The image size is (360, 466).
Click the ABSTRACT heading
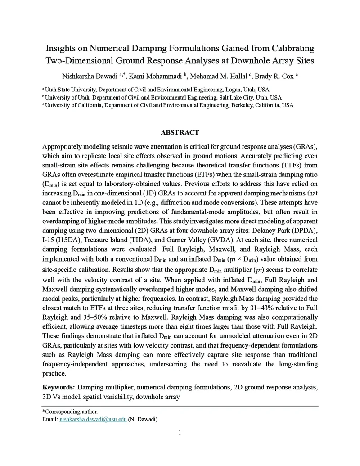tap(180, 132)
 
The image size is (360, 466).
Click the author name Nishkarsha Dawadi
tap(90, 76)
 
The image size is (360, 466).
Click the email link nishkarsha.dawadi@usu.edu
tap(93, 419)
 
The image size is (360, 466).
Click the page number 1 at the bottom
tap(180, 433)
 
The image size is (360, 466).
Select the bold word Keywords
tap(58, 387)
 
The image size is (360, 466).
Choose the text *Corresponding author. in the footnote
tap(70, 412)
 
